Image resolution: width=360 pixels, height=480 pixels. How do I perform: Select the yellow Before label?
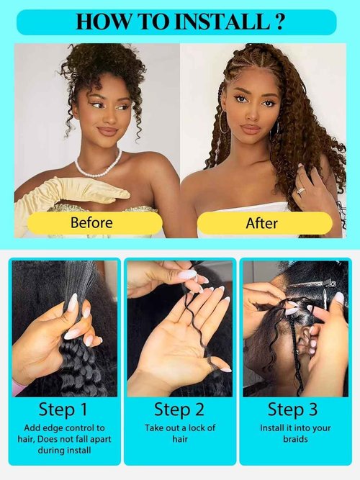click(x=91, y=222)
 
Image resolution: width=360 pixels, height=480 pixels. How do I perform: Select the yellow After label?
click(x=261, y=223)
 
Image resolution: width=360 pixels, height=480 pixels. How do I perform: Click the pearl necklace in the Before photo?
click(x=97, y=167)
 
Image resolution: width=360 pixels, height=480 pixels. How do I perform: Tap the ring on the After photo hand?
click(x=302, y=191)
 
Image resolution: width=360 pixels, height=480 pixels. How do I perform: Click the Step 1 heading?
click(x=63, y=410)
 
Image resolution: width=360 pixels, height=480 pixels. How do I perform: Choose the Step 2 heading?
click(x=179, y=410)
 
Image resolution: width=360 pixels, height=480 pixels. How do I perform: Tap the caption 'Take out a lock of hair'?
click(x=179, y=431)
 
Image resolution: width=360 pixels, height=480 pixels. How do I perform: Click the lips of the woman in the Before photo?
click(x=107, y=132)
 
